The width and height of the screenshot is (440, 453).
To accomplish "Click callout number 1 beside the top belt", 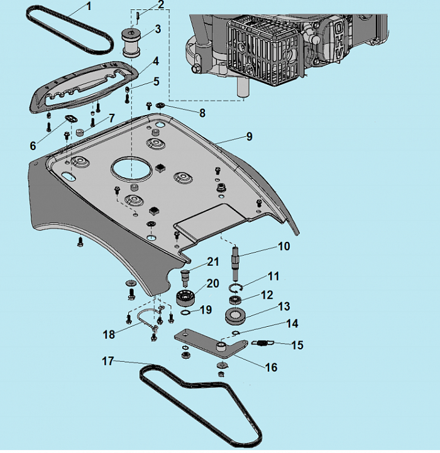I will [x=87, y=7].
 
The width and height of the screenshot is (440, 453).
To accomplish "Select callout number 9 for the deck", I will [x=250, y=136].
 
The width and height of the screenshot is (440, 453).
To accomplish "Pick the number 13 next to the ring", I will [x=285, y=306].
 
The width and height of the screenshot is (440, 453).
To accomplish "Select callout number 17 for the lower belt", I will [x=108, y=361].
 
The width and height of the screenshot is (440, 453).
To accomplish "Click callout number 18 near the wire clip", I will [x=109, y=334].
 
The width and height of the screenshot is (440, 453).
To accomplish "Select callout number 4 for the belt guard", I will [x=155, y=62].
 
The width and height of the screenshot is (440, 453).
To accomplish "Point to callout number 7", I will [x=112, y=117].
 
